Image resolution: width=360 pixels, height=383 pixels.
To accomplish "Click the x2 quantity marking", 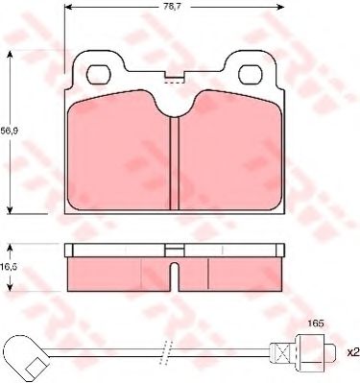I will [351, 351].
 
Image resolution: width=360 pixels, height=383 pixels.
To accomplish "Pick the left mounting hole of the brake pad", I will [98, 72].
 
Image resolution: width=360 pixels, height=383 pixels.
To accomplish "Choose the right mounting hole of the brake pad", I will [252, 72].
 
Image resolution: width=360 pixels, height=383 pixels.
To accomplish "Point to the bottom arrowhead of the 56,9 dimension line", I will [11, 210].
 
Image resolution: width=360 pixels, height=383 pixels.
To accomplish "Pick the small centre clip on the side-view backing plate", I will [175, 250].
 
